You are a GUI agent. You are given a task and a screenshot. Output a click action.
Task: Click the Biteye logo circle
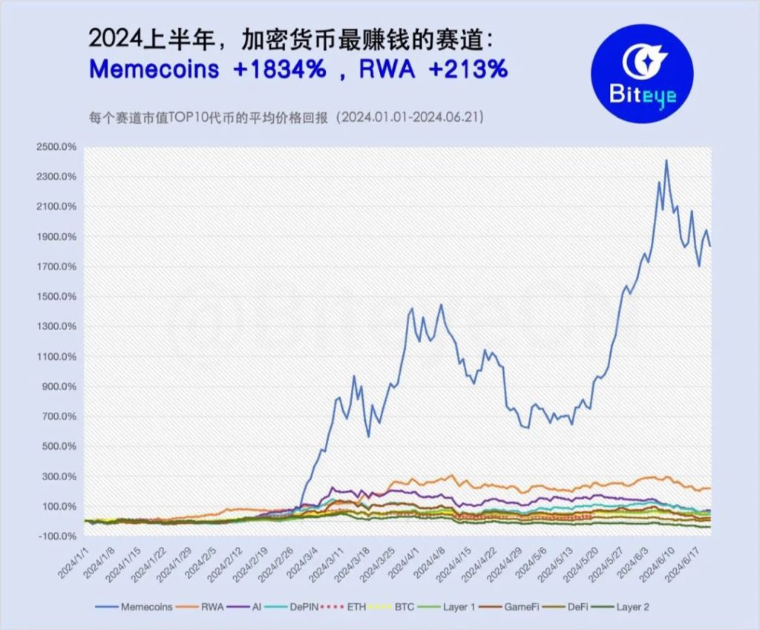pyautogui.click(x=641, y=73)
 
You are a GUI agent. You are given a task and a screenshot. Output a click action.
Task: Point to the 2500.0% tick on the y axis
pyautogui.click(x=56, y=147)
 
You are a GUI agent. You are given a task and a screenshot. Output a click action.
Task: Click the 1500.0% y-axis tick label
pyautogui.click(x=56, y=297)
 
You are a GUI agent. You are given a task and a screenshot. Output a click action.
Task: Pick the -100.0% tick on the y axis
pyautogui.click(x=56, y=537)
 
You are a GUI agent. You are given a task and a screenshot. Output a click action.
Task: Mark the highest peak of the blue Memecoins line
pyautogui.click(x=666, y=160)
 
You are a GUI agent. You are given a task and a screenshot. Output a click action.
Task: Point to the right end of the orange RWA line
pyautogui.click(x=710, y=488)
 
